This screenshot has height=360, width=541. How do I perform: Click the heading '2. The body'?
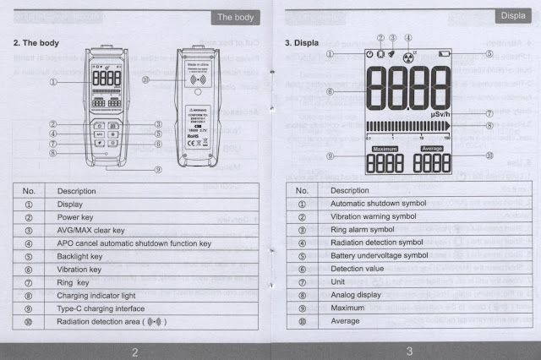(x=36, y=42)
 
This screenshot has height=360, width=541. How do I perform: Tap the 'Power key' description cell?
(x=74, y=217)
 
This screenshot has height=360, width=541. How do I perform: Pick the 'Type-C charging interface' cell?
(x=100, y=307)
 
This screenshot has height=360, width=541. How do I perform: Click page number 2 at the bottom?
(x=134, y=351)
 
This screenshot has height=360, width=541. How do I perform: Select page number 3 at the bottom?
(x=408, y=351)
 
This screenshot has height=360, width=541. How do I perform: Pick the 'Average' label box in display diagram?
(x=432, y=149)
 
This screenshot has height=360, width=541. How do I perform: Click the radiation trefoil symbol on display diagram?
(x=408, y=54)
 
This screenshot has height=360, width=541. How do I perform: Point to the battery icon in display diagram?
(x=444, y=54)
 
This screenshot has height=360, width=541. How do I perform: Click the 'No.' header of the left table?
(x=29, y=191)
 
